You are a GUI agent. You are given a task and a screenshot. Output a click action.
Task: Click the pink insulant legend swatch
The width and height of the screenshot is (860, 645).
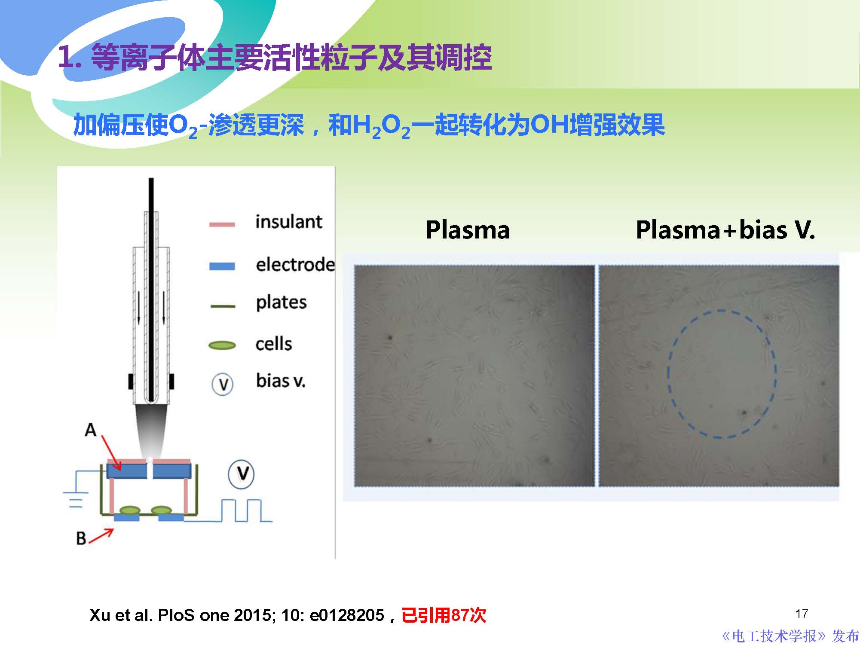pos(222,224)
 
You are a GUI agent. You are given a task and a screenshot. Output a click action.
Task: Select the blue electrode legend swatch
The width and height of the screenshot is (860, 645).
pos(222,266)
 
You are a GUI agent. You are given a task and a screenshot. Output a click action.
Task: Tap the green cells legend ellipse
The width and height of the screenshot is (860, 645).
pos(222,345)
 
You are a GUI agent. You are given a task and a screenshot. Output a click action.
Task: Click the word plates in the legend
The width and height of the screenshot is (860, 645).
pos(281,303)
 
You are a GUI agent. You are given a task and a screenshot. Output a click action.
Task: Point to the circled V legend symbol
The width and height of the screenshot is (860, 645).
pos(223,384)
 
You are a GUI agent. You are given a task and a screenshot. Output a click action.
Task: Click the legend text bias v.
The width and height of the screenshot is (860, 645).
pos(281,381)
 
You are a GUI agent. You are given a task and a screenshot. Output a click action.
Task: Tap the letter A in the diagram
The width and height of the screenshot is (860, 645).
pos(90,430)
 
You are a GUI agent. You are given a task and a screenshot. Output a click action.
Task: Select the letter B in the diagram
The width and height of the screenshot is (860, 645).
pos(81,538)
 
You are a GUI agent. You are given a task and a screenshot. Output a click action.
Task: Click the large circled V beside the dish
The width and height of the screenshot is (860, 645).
pos(241,474)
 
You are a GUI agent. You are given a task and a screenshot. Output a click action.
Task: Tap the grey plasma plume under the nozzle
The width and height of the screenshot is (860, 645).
pos(151,430)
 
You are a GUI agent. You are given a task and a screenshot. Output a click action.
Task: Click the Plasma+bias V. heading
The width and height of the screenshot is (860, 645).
pos(725,230)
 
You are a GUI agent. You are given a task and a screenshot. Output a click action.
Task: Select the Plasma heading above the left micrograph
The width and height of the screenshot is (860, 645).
pos(468,230)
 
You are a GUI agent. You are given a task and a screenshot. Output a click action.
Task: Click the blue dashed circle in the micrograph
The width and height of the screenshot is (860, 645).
pos(669,374)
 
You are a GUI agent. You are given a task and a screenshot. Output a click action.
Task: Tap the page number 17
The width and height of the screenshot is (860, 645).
pos(802,614)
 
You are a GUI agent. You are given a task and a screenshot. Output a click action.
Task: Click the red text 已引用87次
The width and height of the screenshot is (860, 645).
pos(444,615)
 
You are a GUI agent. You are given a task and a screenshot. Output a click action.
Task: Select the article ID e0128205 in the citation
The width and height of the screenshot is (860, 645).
pos(346,615)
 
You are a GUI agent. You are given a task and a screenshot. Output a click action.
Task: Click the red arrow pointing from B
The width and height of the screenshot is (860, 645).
pos(101,536)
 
